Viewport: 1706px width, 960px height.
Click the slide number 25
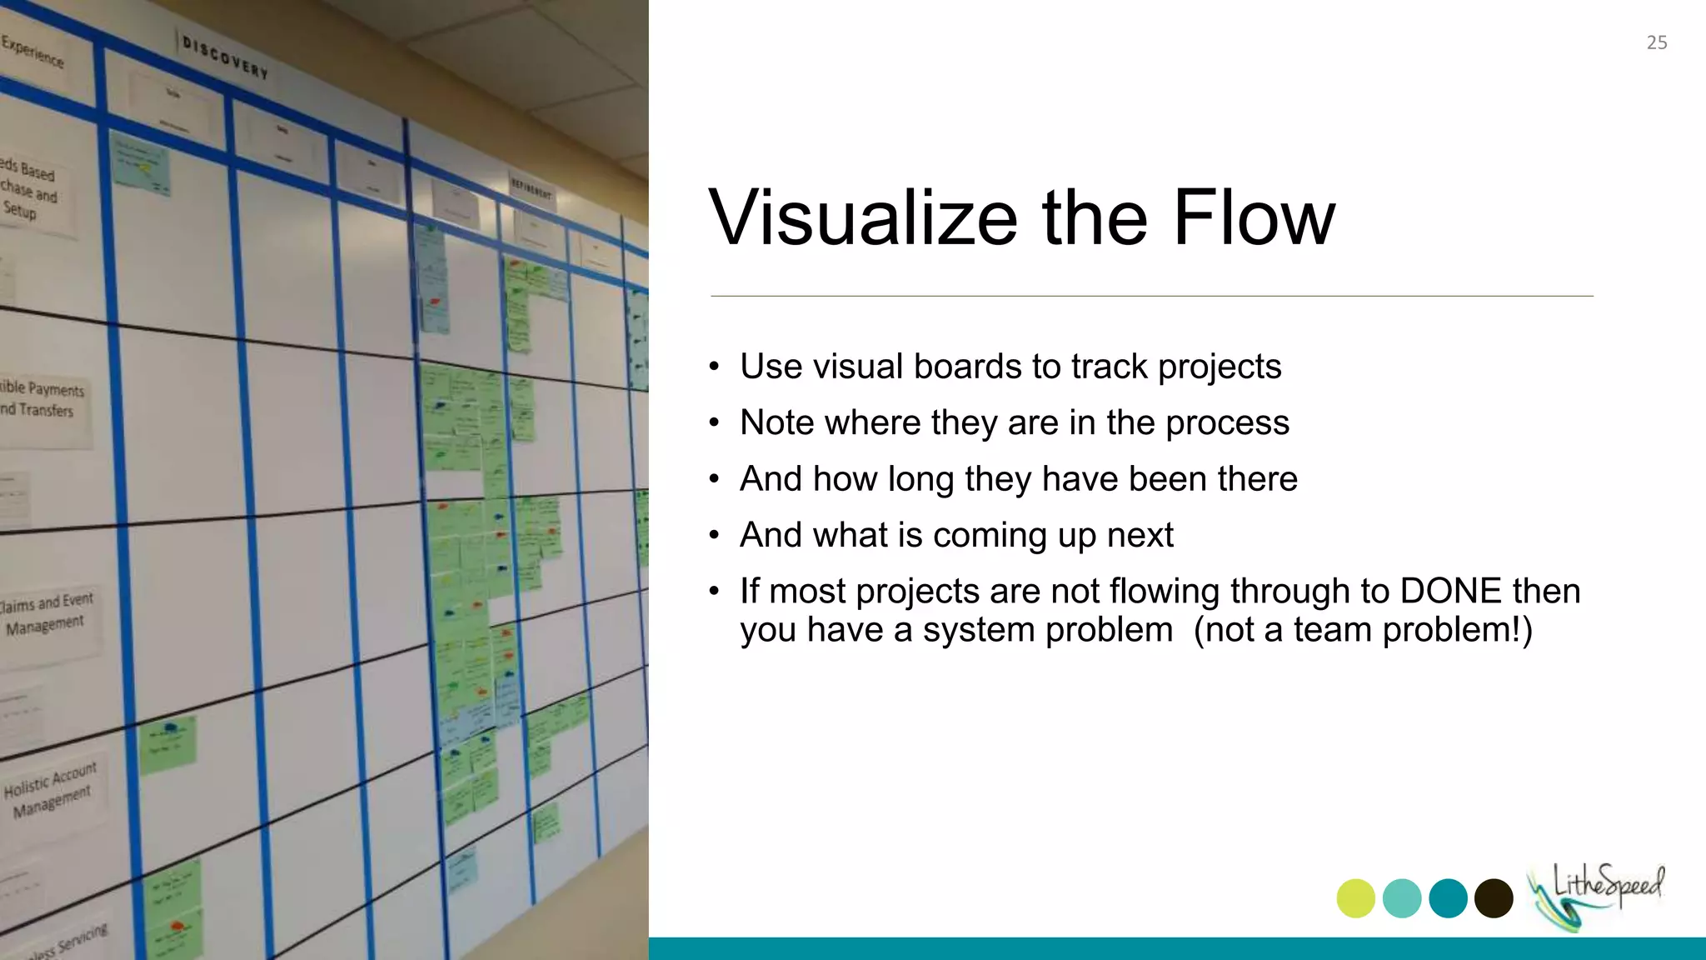click(1656, 42)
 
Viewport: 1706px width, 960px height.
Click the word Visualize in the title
click(862, 218)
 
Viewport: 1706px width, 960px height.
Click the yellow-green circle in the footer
click(1355, 898)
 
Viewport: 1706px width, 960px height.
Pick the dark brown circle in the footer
click(1494, 898)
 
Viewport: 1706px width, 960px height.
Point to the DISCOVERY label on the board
click(225, 57)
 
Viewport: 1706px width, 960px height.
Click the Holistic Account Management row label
click(51, 789)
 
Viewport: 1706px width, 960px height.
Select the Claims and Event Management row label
click(47, 613)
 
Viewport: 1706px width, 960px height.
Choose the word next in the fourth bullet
click(1140, 535)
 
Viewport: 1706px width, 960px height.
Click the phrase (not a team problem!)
click(1362, 630)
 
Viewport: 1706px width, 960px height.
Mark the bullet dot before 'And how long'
click(714, 480)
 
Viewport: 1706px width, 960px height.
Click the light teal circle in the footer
click(1402, 898)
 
